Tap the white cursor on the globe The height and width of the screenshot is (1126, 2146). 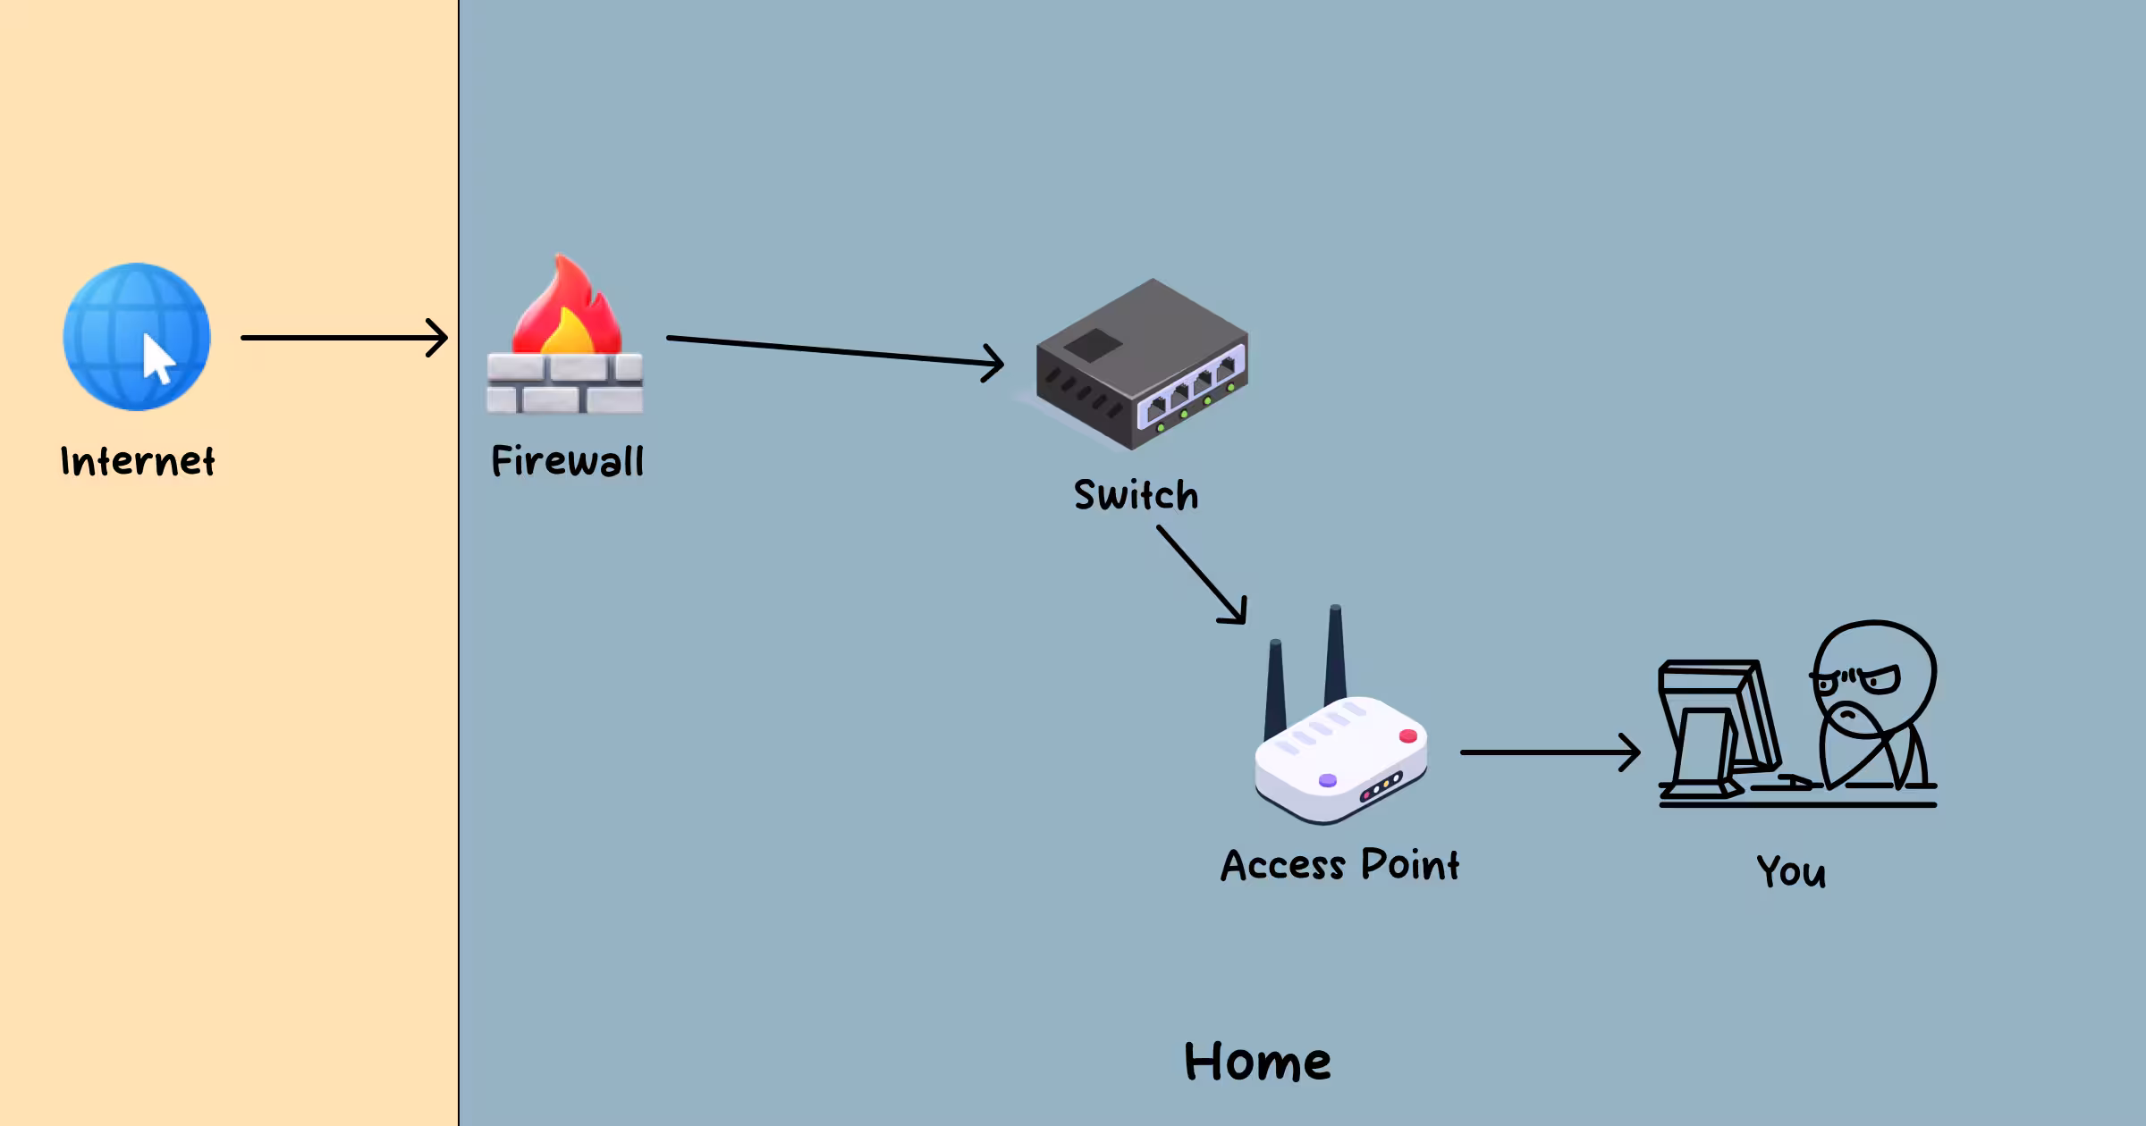pyautogui.click(x=158, y=358)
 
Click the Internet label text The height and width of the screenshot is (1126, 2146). pyautogui.click(x=138, y=462)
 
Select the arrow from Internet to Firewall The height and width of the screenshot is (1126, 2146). pyautogui.click(x=343, y=338)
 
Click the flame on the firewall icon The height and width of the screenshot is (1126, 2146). pyautogui.click(x=567, y=308)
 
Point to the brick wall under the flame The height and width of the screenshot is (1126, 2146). pyautogui.click(x=564, y=385)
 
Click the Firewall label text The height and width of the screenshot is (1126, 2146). pyautogui.click(x=567, y=462)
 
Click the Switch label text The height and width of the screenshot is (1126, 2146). pyautogui.click(x=1136, y=496)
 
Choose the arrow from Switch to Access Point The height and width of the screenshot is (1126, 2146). pyautogui.click(x=1201, y=574)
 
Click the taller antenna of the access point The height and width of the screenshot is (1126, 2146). pyautogui.click(x=1335, y=657)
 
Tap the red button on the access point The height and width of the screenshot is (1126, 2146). pyautogui.click(x=1408, y=735)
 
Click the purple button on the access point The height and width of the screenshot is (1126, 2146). pyautogui.click(x=1328, y=780)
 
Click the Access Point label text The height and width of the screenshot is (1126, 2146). pyautogui.click(x=1339, y=866)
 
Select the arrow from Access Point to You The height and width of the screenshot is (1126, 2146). pyautogui.click(x=1549, y=752)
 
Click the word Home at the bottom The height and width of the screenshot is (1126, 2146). pyautogui.click(x=1257, y=1063)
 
